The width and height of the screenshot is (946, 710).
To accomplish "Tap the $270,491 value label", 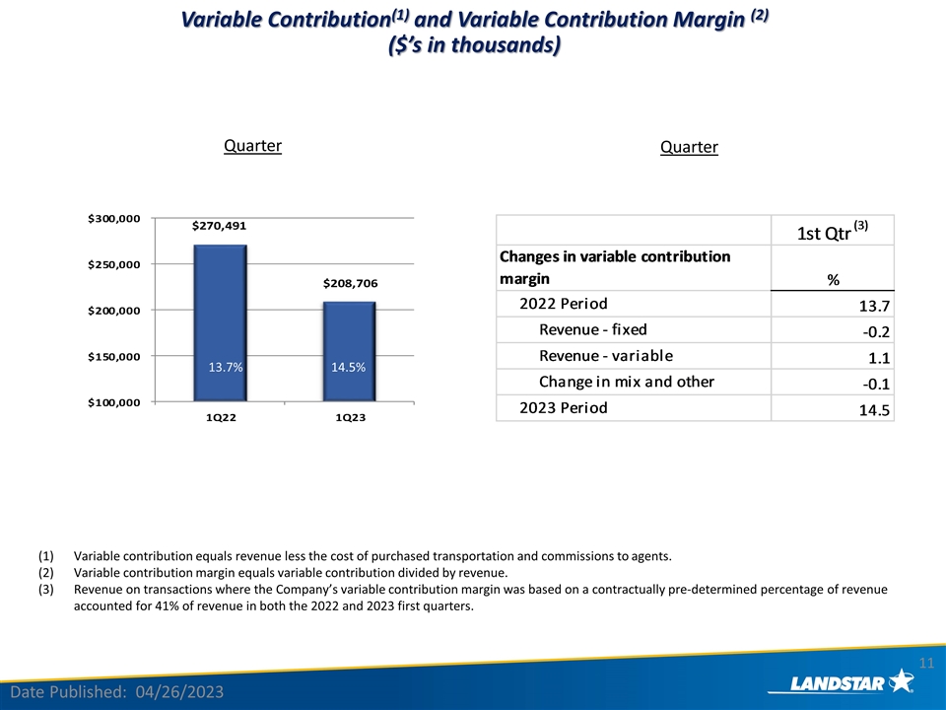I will click(220, 226).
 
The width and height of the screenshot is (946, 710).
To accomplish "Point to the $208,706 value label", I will click(350, 283).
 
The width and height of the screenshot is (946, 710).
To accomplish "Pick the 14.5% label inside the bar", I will click(349, 368).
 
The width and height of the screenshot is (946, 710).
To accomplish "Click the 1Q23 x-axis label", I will click(349, 418).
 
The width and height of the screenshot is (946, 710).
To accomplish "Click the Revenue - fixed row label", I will click(593, 329).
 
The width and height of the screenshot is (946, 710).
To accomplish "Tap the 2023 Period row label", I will click(564, 407).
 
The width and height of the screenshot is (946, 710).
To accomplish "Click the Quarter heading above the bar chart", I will click(252, 146).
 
